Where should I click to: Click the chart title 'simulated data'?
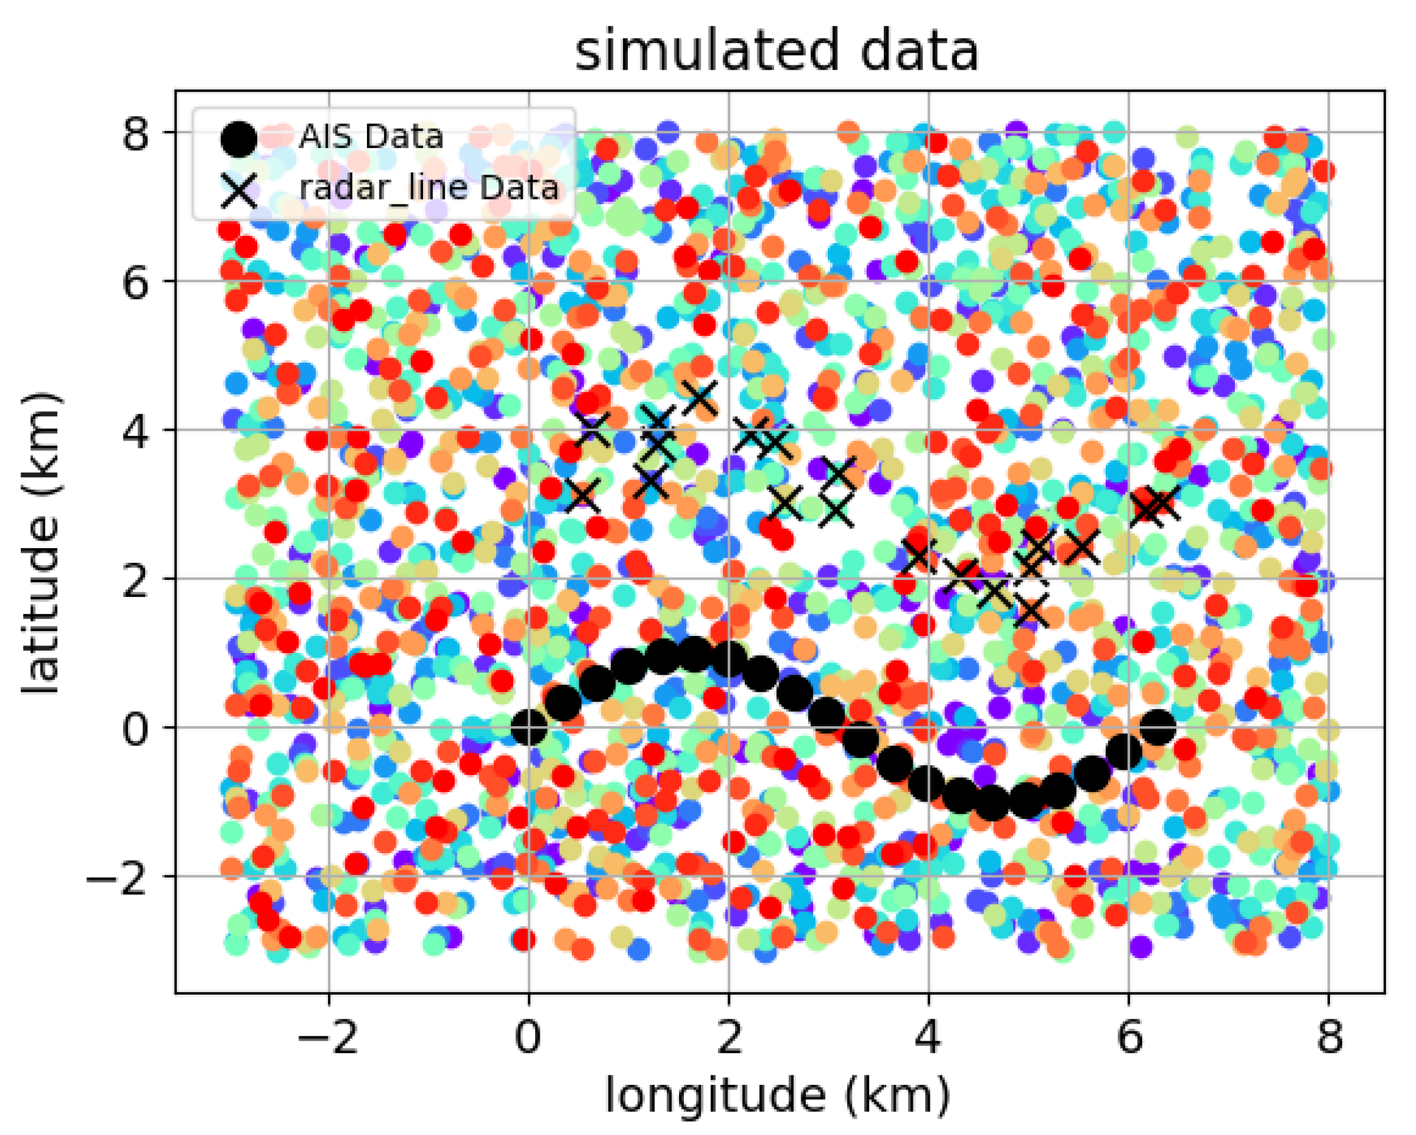coord(777,51)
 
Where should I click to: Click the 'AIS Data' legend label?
coord(372,137)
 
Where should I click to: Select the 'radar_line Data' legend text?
coord(429,188)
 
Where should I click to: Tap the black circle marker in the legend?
coord(238,139)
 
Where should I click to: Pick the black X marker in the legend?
coord(238,191)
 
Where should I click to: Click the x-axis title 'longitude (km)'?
coord(777,1095)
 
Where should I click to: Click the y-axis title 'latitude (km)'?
coord(41,543)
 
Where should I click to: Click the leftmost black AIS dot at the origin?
coord(529,728)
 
